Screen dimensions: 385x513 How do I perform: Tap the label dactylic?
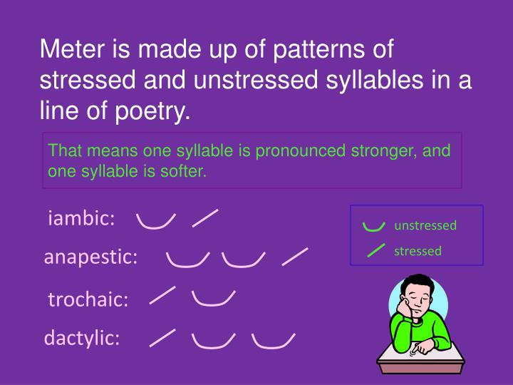point(83,338)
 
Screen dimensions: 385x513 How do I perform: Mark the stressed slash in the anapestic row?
point(295,257)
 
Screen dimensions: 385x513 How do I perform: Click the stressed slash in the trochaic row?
point(163,296)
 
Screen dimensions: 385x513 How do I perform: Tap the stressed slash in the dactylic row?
point(163,338)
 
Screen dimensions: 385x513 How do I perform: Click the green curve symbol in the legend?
point(371,227)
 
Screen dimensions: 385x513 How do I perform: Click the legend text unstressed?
point(425,225)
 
